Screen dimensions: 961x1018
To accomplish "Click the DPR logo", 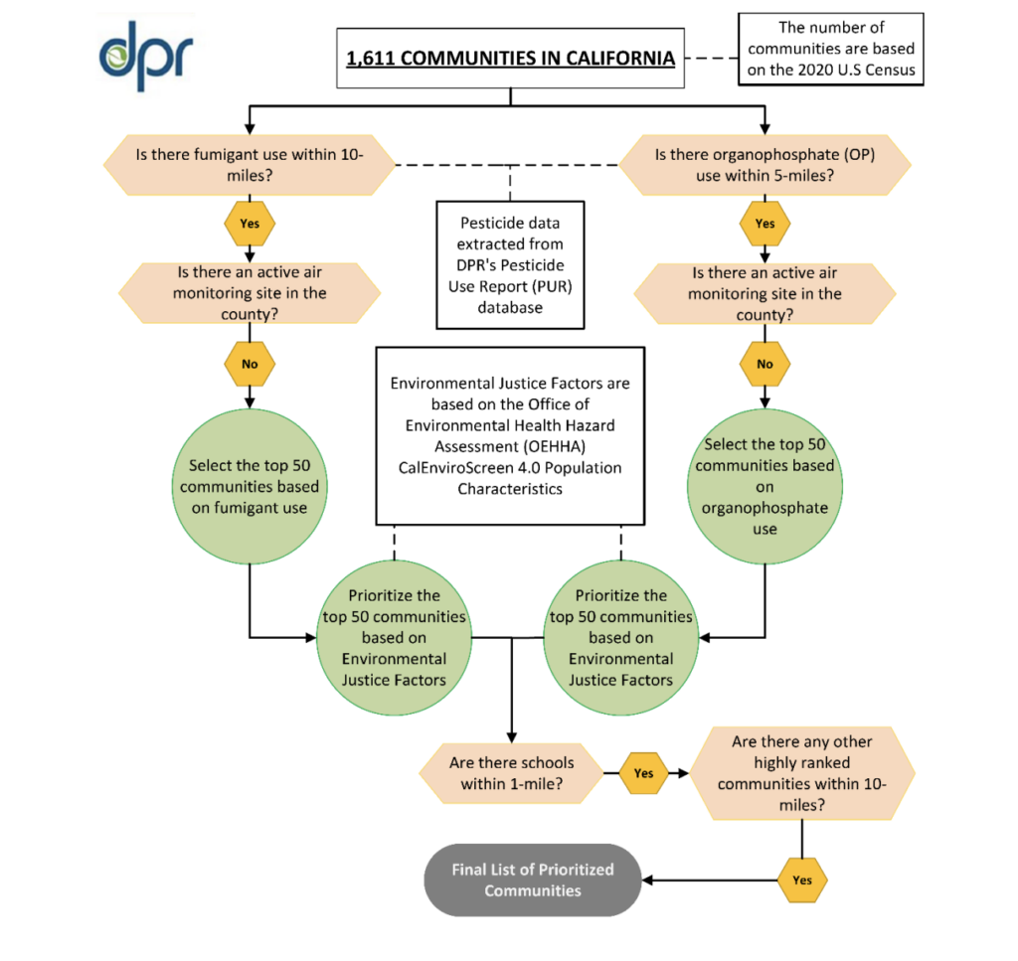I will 146,55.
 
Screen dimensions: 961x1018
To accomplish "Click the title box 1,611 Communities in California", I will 511,59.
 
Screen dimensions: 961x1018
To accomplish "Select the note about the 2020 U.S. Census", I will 831,49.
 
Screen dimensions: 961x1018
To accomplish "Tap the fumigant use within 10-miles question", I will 250,165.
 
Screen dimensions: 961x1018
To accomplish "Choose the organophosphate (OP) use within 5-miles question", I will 764,165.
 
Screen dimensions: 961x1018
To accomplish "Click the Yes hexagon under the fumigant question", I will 250,224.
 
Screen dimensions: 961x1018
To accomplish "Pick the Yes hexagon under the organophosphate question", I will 764,224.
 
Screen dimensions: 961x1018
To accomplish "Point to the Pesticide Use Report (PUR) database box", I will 510,265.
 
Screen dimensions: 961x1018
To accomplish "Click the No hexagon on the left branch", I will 250,364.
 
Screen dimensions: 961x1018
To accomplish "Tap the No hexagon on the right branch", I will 764,364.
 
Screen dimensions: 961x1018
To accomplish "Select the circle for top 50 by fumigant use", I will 250,487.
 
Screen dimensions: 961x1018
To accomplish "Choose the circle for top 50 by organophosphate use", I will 764,486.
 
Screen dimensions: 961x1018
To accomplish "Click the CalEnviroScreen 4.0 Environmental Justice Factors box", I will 510,435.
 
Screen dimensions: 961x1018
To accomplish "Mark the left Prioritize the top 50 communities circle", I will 395,637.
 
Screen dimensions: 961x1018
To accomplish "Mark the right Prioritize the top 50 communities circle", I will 620,637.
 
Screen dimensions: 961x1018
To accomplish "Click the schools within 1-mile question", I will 511,773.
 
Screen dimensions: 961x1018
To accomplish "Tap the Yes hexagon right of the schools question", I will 644,772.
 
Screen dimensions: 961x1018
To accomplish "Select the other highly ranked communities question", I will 801,773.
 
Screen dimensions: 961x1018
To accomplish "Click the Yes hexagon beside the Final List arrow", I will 802,880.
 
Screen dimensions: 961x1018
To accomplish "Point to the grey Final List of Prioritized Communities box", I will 533,880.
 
